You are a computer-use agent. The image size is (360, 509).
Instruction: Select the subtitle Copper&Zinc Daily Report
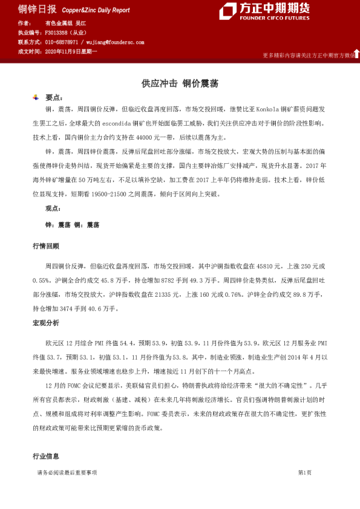95,10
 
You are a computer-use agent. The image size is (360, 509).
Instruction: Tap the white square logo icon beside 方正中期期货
227,11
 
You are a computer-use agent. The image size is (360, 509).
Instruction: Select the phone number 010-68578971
62,42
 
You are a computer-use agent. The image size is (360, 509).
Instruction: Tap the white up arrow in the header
356,54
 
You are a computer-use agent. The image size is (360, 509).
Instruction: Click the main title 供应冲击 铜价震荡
180,83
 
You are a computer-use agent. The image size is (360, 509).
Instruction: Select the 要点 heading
53,97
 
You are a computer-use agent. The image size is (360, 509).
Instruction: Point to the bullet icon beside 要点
36,97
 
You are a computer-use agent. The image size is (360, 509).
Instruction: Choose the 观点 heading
53,208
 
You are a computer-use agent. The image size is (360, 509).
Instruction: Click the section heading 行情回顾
46,246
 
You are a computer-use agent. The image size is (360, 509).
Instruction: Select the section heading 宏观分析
46,323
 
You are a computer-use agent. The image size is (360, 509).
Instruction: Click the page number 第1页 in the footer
304,472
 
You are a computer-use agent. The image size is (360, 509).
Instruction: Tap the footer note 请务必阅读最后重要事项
67,472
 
